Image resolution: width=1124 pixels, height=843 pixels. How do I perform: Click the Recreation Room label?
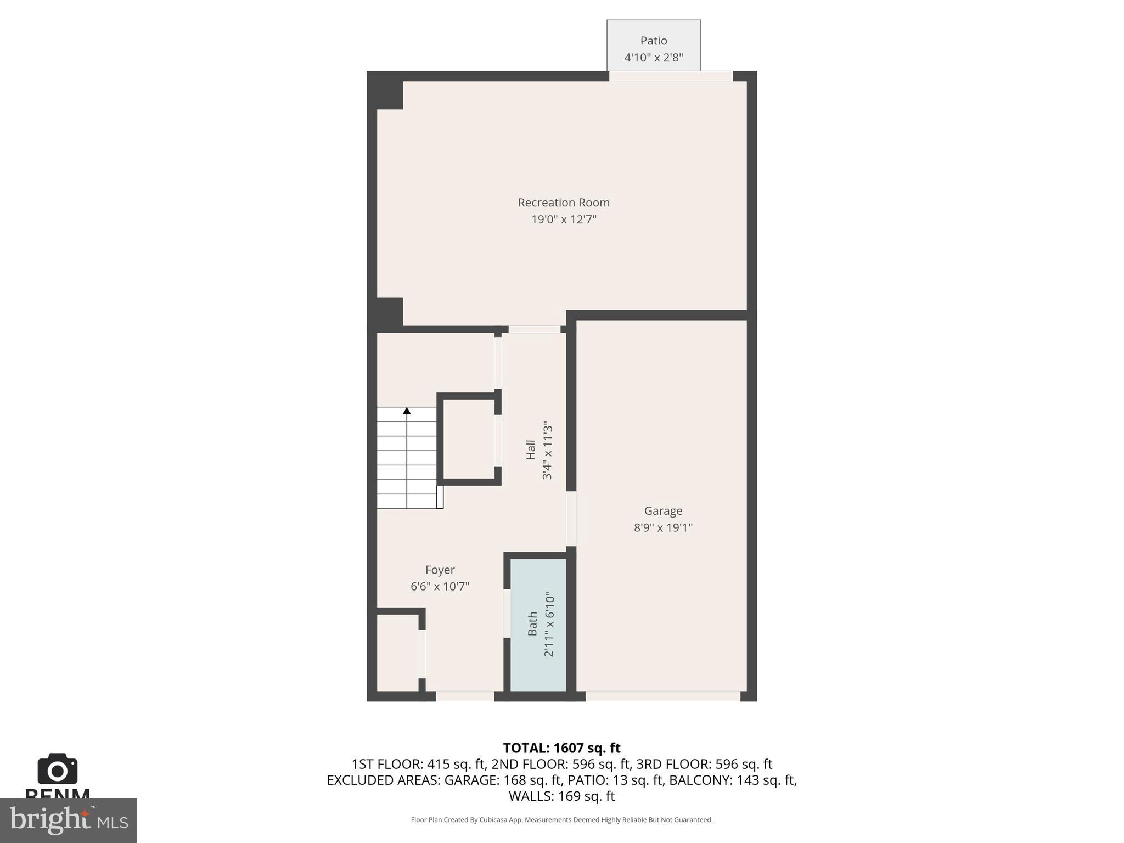[x=564, y=203]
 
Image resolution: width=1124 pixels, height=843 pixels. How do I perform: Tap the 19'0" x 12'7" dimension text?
[x=564, y=220]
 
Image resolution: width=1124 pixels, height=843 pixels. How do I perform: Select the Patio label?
[x=653, y=41]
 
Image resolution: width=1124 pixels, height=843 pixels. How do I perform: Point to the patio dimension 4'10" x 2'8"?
[x=653, y=58]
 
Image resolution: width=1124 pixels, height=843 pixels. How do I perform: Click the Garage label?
[x=663, y=511]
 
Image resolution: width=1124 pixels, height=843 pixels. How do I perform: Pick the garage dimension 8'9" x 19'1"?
[x=663, y=528]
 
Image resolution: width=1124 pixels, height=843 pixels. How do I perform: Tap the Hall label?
[x=531, y=450]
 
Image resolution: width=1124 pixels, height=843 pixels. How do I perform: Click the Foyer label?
[x=440, y=570]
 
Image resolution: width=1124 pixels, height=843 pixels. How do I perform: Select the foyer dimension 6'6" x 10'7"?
[x=440, y=587]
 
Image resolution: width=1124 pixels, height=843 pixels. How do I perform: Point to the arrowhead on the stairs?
[x=407, y=411]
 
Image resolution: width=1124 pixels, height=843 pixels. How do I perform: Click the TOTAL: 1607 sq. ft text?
[x=561, y=748]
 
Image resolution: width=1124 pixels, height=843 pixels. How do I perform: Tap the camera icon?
[x=58, y=769]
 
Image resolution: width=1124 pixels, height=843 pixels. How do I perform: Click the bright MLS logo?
[x=68, y=820]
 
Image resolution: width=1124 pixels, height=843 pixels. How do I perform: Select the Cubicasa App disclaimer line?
[x=561, y=820]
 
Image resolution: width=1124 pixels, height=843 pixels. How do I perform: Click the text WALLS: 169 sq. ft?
[x=561, y=796]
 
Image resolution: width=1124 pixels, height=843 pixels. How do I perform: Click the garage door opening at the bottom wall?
[x=662, y=696]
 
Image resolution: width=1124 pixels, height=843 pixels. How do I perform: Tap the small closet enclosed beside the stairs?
[x=468, y=439]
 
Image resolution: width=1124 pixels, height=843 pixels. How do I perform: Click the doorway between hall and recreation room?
[x=534, y=329]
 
